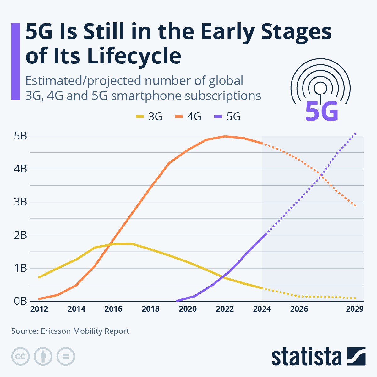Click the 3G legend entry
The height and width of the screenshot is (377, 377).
(x=149, y=117)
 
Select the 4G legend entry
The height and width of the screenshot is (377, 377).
(x=188, y=117)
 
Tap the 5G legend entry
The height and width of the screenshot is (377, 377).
(x=227, y=117)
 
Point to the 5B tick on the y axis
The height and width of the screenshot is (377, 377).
(x=20, y=136)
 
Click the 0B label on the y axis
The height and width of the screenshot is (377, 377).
(x=20, y=301)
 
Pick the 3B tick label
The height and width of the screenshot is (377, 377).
(x=20, y=202)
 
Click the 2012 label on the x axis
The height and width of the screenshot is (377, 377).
(x=39, y=309)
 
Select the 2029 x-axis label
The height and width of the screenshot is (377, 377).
(x=355, y=309)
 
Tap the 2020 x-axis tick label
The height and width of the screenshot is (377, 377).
(x=188, y=309)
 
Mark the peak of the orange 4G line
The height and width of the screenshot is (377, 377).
(x=225, y=136)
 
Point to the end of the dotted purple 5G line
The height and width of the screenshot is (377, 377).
(x=355, y=134)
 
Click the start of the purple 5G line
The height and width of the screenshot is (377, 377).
(x=177, y=301)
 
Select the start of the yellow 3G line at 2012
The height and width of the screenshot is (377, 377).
(x=39, y=277)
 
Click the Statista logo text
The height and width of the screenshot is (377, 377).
(x=307, y=357)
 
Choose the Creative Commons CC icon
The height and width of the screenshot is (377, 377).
(x=20, y=357)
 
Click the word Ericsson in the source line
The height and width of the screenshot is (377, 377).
(x=56, y=331)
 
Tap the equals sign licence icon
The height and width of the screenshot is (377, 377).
(x=66, y=357)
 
